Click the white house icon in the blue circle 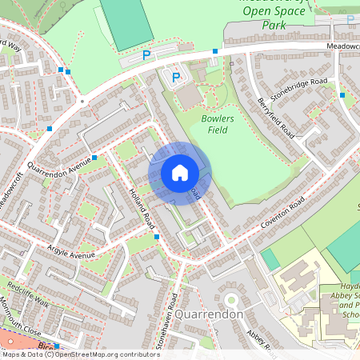point(180,173)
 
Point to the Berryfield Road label point(277,117)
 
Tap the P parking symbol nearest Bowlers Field point(176,77)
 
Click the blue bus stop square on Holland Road point(157,237)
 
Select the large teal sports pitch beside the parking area point(126,24)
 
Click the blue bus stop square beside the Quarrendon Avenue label point(94,157)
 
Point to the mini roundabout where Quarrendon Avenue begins point(82,102)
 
